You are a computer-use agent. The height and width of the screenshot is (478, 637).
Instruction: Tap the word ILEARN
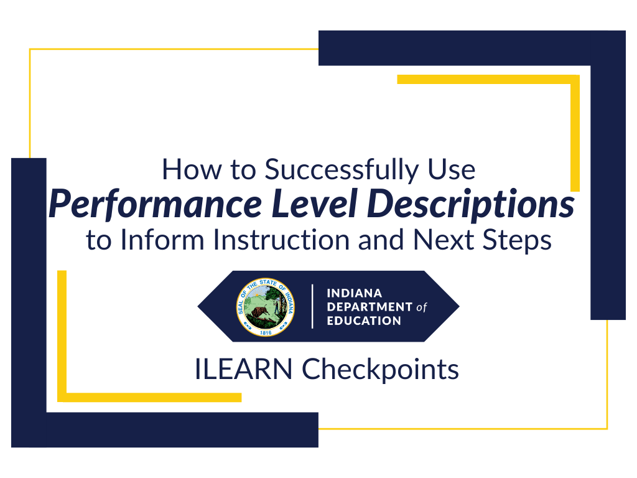point(243,370)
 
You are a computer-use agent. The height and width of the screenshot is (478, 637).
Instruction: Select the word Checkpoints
point(381,370)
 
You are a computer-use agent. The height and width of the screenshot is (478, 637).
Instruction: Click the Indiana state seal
point(266,306)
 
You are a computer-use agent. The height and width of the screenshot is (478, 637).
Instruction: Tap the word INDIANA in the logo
point(354,293)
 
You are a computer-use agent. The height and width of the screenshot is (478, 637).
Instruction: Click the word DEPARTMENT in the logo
point(370,307)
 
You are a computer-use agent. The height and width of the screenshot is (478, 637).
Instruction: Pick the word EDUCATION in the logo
point(364,321)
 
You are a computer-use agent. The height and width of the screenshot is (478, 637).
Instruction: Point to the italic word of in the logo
point(422,307)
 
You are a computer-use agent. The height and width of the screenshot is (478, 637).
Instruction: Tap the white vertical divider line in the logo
point(312,306)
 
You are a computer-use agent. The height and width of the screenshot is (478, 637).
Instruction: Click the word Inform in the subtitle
point(149,240)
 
